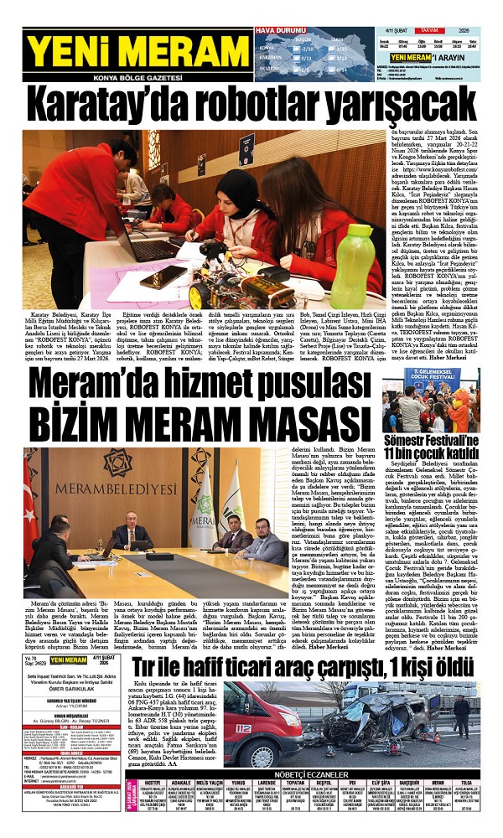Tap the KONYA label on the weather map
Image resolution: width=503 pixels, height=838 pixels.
(267, 48)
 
